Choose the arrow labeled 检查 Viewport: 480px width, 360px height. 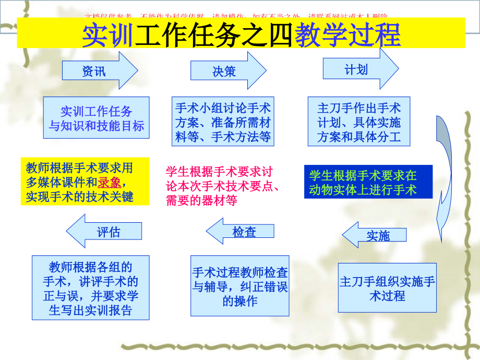point(240,232)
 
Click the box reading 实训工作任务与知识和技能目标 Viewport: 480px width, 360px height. point(97,118)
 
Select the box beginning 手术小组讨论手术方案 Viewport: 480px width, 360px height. point(223,123)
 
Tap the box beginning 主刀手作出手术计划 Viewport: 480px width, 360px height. point(359,123)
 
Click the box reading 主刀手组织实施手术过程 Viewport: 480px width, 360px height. point(387,289)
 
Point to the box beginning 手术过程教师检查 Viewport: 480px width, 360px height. point(240,286)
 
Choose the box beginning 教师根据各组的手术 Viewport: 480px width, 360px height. point(90,289)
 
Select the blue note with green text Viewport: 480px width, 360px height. point(368,182)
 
